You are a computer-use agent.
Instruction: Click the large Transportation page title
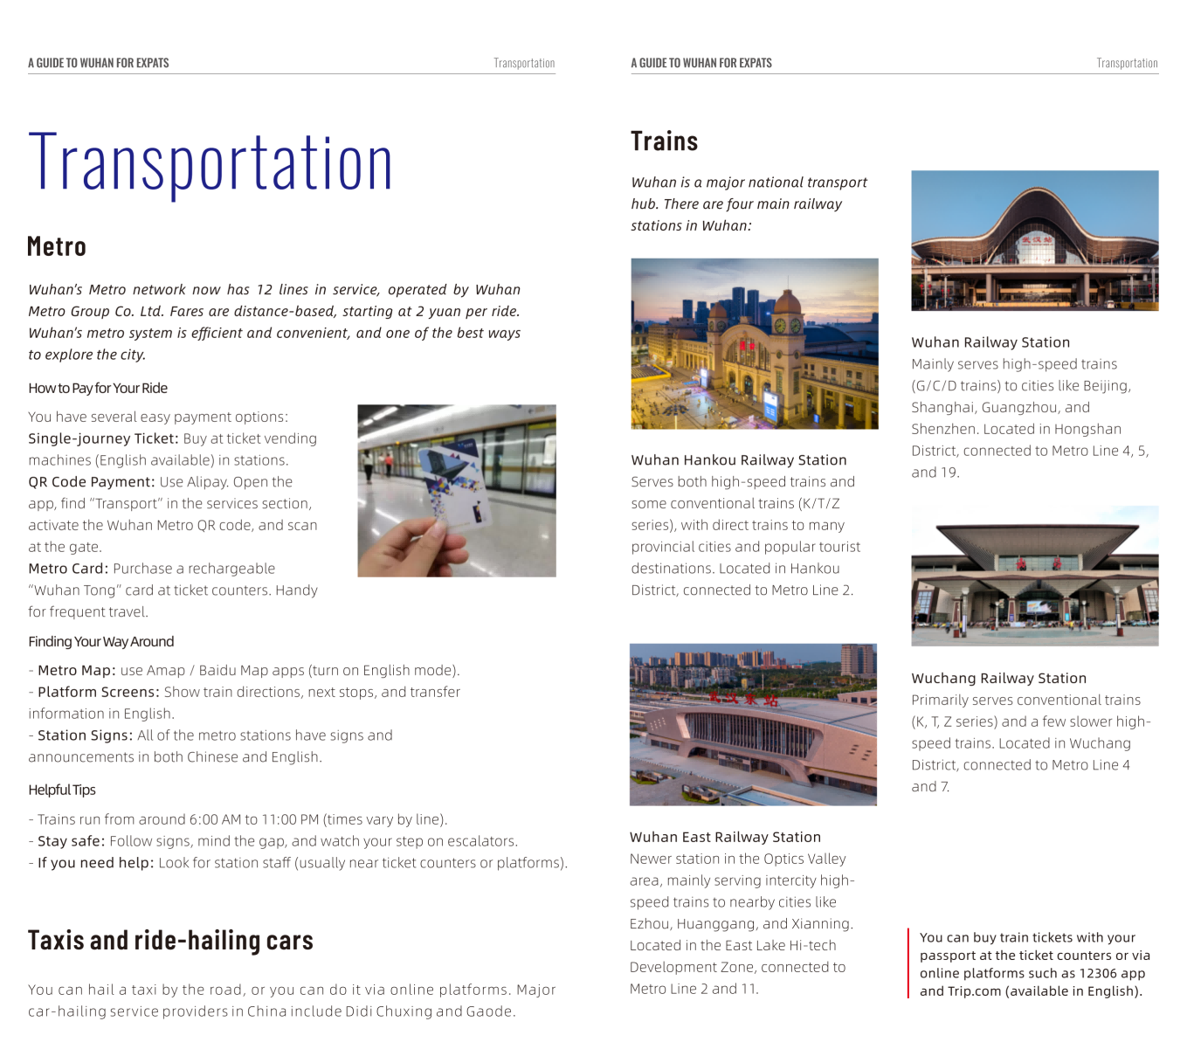(x=210, y=163)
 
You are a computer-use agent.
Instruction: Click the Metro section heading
(x=57, y=247)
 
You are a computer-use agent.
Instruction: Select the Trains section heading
(x=664, y=141)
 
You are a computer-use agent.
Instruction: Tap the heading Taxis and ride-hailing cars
(x=170, y=941)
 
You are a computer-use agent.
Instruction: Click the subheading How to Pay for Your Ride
(x=98, y=389)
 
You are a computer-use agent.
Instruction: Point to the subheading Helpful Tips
(x=62, y=790)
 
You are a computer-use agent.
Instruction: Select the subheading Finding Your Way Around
(x=101, y=642)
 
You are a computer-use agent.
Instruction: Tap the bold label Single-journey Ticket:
(x=103, y=438)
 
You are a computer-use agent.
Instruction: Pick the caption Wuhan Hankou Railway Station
(x=739, y=460)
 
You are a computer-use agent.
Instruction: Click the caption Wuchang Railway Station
(x=998, y=679)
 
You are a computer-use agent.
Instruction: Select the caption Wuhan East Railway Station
(x=725, y=838)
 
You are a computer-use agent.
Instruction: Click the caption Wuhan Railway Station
(x=990, y=342)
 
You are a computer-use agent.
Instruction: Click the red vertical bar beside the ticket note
(x=908, y=963)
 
